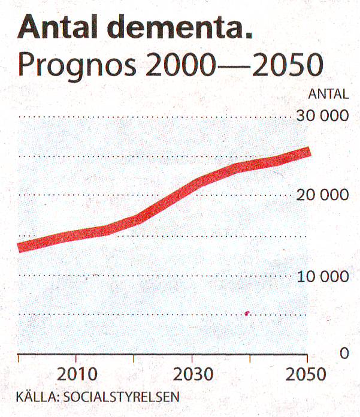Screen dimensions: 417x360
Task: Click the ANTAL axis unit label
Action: click(328, 94)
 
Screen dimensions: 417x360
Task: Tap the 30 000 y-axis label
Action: click(322, 116)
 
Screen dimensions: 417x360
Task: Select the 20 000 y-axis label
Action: click(322, 195)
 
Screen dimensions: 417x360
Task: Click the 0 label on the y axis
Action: click(344, 353)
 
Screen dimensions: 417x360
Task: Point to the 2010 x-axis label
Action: click(77, 375)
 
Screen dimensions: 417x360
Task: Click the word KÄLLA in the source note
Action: click(35, 397)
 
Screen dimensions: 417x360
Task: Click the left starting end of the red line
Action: click(20, 247)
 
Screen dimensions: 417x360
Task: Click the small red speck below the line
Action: click(247, 313)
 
